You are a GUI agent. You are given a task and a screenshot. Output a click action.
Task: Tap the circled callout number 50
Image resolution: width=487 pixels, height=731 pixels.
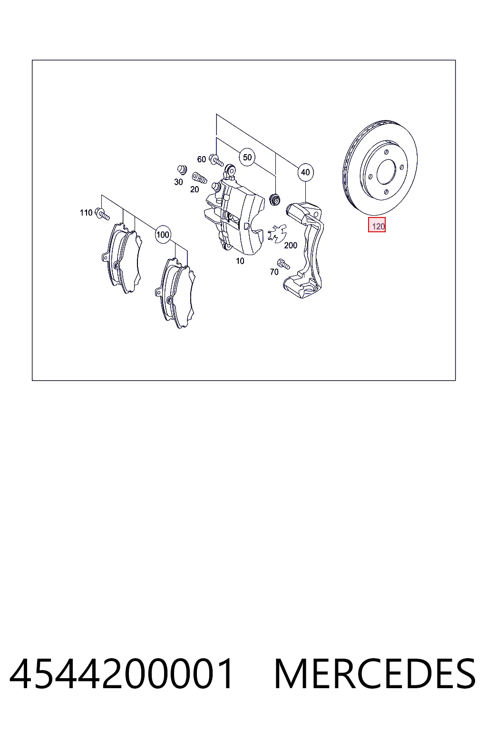[247, 158]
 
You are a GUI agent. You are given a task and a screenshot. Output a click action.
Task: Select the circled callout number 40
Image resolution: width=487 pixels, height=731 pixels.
[305, 172]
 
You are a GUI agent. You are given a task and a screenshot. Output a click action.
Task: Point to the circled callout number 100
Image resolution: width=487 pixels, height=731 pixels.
[163, 234]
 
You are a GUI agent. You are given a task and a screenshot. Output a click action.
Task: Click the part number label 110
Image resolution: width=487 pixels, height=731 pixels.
[86, 213]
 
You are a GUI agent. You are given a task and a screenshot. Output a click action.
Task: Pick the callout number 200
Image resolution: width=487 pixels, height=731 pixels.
[291, 245]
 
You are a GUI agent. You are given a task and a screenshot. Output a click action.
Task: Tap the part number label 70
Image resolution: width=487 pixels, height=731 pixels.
[274, 272]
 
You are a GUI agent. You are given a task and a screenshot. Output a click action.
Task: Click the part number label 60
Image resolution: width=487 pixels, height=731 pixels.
[202, 159]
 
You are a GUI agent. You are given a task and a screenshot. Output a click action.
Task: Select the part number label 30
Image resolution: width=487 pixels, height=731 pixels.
[178, 182]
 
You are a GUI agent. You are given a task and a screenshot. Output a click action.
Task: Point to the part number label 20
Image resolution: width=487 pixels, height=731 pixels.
[195, 189]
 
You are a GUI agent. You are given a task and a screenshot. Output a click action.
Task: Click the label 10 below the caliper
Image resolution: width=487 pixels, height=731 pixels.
[240, 261]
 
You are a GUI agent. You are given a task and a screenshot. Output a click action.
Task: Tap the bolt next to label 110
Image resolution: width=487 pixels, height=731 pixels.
[102, 214]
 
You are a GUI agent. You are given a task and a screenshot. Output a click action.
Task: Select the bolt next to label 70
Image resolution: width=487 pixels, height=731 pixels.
[283, 264]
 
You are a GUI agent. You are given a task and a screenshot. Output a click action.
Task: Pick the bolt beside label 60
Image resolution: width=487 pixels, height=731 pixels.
[216, 160]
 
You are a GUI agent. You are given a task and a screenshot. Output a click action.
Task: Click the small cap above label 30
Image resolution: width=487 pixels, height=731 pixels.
[182, 170]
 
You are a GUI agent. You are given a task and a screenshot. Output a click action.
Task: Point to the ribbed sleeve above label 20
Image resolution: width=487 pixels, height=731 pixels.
[199, 178]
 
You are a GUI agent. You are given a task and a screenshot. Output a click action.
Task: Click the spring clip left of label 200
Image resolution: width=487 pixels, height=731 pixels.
[277, 233]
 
